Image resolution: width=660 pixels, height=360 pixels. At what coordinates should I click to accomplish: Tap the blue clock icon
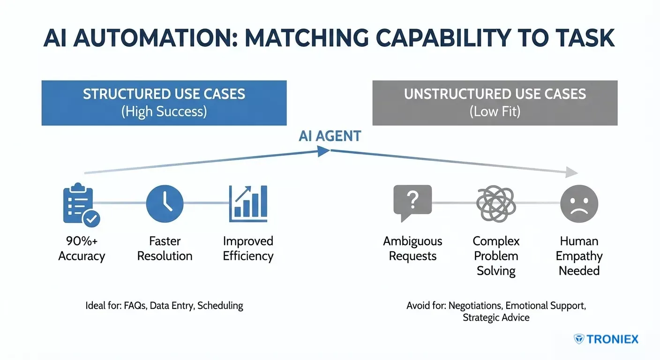point(165,203)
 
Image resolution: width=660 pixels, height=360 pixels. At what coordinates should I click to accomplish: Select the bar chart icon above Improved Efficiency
point(248,203)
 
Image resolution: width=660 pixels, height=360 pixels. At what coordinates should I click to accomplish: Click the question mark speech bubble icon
point(412,203)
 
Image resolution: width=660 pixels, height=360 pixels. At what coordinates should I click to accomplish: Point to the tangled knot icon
point(496,204)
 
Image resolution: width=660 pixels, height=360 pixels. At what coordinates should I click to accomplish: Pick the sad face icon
point(579,203)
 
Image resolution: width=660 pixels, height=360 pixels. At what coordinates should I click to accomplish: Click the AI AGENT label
point(330,136)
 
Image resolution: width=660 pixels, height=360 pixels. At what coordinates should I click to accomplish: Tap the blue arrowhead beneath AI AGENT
point(323,151)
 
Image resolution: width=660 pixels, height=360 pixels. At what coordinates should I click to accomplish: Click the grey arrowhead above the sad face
point(571,172)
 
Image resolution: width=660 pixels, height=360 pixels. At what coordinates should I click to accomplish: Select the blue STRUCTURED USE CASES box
point(164,103)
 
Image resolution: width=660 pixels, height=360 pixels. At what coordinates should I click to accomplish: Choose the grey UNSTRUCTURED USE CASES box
point(495,103)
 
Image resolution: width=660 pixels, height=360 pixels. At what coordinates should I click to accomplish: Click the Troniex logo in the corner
point(606,339)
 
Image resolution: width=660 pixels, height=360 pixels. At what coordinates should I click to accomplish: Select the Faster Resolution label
point(165,248)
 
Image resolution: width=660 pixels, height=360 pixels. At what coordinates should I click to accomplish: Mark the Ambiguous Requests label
point(412,248)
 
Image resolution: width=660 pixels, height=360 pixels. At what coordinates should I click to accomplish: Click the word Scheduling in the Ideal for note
point(220,306)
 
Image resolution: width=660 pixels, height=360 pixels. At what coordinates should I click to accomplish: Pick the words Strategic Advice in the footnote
point(496,317)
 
